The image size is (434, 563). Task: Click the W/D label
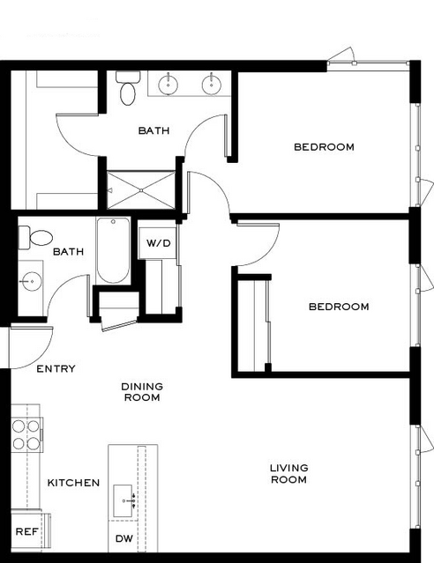(158, 243)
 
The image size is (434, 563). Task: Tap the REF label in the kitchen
(26, 531)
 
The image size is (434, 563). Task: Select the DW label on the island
(124, 538)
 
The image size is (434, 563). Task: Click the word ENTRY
(56, 369)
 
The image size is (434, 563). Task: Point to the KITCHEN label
(73, 483)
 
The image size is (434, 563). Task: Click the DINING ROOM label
(142, 392)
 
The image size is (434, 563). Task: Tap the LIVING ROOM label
(289, 474)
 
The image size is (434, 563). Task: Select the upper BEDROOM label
(324, 147)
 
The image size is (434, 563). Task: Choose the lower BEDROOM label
(339, 307)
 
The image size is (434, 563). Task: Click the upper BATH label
(153, 130)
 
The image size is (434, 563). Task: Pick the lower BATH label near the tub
(68, 251)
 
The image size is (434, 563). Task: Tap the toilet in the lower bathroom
(35, 238)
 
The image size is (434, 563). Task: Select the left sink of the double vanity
(168, 85)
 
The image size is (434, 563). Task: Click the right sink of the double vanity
(212, 85)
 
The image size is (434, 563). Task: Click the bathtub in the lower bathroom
(113, 250)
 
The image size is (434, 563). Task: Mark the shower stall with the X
(141, 190)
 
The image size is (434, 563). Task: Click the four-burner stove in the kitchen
(26, 434)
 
